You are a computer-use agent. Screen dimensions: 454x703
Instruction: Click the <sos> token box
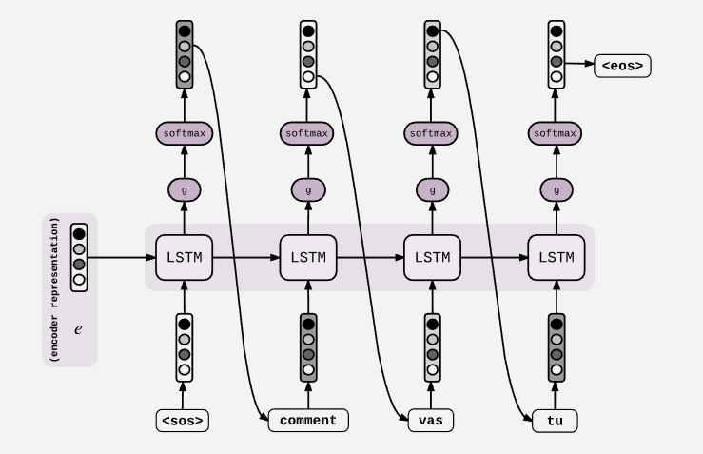tap(183, 420)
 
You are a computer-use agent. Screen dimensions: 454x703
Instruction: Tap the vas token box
tap(431, 420)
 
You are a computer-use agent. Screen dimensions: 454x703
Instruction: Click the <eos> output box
tap(623, 66)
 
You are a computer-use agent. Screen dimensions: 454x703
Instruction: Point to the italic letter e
tap(79, 326)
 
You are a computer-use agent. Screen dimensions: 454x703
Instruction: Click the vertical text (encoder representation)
tap(56, 290)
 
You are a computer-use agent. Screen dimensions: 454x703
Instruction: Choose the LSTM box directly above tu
tap(557, 257)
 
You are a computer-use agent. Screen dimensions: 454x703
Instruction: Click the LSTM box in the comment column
tap(308, 257)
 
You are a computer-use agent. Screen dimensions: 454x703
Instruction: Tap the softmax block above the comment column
tap(308, 133)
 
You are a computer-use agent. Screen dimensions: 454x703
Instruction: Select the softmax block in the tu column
tap(557, 133)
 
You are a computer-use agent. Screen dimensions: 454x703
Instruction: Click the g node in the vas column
tap(432, 190)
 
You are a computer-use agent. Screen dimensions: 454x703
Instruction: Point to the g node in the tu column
tap(557, 190)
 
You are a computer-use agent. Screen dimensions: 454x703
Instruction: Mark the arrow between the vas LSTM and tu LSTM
tap(495, 257)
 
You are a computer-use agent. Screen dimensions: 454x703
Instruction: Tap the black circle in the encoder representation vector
tap(79, 233)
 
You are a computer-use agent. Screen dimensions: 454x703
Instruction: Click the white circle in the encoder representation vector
tap(79, 281)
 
